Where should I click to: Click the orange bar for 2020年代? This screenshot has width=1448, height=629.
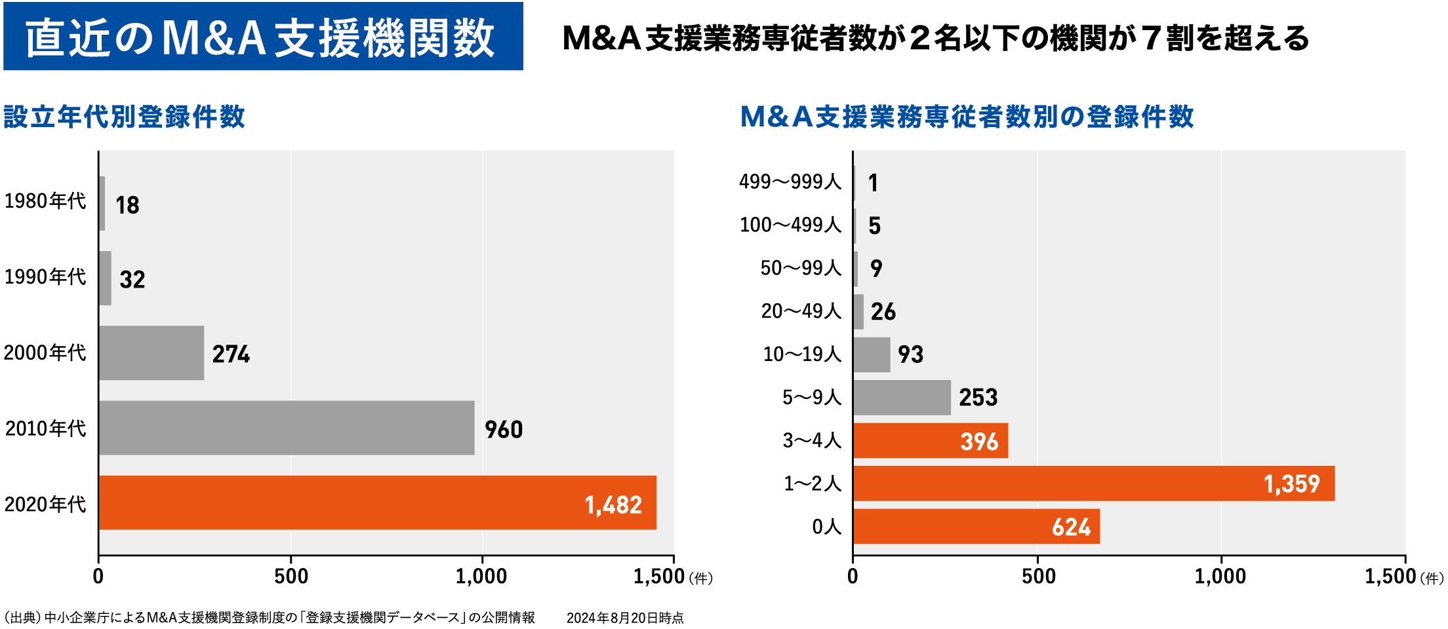click(377, 503)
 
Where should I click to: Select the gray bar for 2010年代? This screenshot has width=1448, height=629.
click(287, 428)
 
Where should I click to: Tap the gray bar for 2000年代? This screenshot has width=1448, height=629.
click(151, 353)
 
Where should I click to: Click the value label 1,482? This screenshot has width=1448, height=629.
click(613, 505)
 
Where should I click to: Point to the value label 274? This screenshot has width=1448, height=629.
click(231, 354)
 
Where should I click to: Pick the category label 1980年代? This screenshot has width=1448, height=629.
click(45, 201)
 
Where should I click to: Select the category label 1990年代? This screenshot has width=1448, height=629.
click(45, 277)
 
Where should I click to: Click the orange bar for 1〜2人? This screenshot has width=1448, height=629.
click(1093, 484)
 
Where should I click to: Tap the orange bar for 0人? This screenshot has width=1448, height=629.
click(976, 527)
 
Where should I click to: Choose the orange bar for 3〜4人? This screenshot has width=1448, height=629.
click(930, 440)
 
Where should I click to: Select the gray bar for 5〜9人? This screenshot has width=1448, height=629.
click(902, 398)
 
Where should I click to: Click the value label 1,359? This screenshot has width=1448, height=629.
click(1291, 484)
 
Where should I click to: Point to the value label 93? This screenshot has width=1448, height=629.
click(910, 354)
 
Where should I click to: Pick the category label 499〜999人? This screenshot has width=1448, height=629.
click(790, 182)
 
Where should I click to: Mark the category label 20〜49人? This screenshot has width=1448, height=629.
click(801, 311)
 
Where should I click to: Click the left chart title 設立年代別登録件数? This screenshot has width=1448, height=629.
click(125, 117)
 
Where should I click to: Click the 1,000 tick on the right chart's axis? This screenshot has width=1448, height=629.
click(1220, 577)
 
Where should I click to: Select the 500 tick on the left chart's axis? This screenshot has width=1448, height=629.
click(291, 577)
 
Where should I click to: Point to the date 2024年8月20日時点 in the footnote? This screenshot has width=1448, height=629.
click(625, 618)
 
